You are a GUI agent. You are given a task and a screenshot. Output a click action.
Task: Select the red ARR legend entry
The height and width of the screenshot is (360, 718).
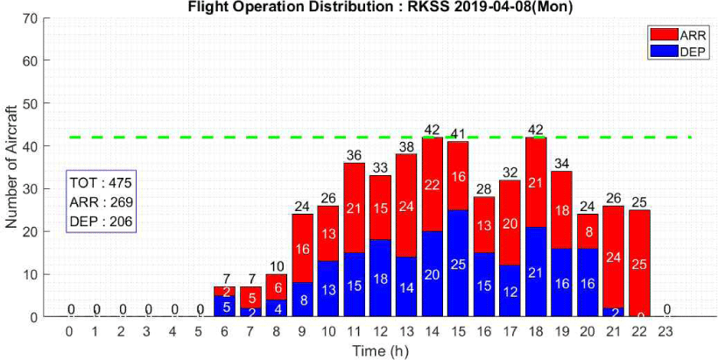point(662,36)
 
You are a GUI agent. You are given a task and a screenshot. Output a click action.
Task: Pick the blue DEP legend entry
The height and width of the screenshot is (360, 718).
point(662,51)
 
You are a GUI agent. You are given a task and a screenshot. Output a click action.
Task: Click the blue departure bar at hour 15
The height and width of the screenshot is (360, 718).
point(458,263)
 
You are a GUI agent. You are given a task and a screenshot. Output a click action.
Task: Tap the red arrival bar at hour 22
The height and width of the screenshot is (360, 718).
point(640,262)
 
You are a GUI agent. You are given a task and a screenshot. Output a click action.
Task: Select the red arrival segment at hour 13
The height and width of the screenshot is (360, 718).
point(405,205)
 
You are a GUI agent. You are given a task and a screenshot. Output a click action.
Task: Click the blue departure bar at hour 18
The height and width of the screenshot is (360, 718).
point(536,272)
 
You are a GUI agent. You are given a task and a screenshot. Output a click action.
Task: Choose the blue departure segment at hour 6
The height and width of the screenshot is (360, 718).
point(224,306)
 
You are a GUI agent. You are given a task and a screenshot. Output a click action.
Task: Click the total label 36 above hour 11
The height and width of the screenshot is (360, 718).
point(354,156)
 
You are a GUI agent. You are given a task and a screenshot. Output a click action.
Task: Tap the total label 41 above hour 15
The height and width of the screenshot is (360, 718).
point(458,134)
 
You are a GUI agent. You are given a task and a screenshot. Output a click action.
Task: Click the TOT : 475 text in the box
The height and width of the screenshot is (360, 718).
point(101,184)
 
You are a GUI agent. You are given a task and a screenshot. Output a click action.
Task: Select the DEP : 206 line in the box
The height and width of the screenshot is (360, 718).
point(101,221)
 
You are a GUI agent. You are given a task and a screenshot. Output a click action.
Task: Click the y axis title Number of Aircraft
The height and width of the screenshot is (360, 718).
point(11,166)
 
